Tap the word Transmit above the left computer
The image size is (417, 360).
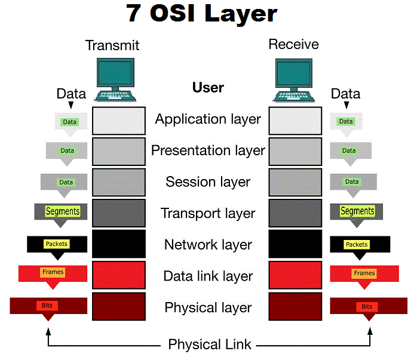click(x=112, y=45)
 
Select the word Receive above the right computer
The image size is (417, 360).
click(x=293, y=44)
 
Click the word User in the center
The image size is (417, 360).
click(x=208, y=87)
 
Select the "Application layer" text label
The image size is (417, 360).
click(x=208, y=119)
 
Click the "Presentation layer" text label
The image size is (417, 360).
click(x=208, y=150)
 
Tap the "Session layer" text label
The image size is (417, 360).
click(x=208, y=181)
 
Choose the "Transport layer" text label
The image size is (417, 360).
click(x=208, y=213)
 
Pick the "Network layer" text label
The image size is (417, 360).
click(x=208, y=245)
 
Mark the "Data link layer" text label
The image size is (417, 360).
click(x=208, y=276)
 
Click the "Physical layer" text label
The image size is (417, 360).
click(x=208, y=308)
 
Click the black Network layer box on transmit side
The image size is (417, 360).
click(x=119, y=245)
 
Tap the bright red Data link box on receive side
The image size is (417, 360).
click(x=296, y=276)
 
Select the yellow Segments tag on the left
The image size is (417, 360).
click(x=63, y=211)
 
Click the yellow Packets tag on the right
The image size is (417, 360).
click(x=357, y=244)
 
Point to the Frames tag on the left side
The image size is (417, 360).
click(x=53, y=272)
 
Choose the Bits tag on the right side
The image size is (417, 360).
click(x=367, y=306)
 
